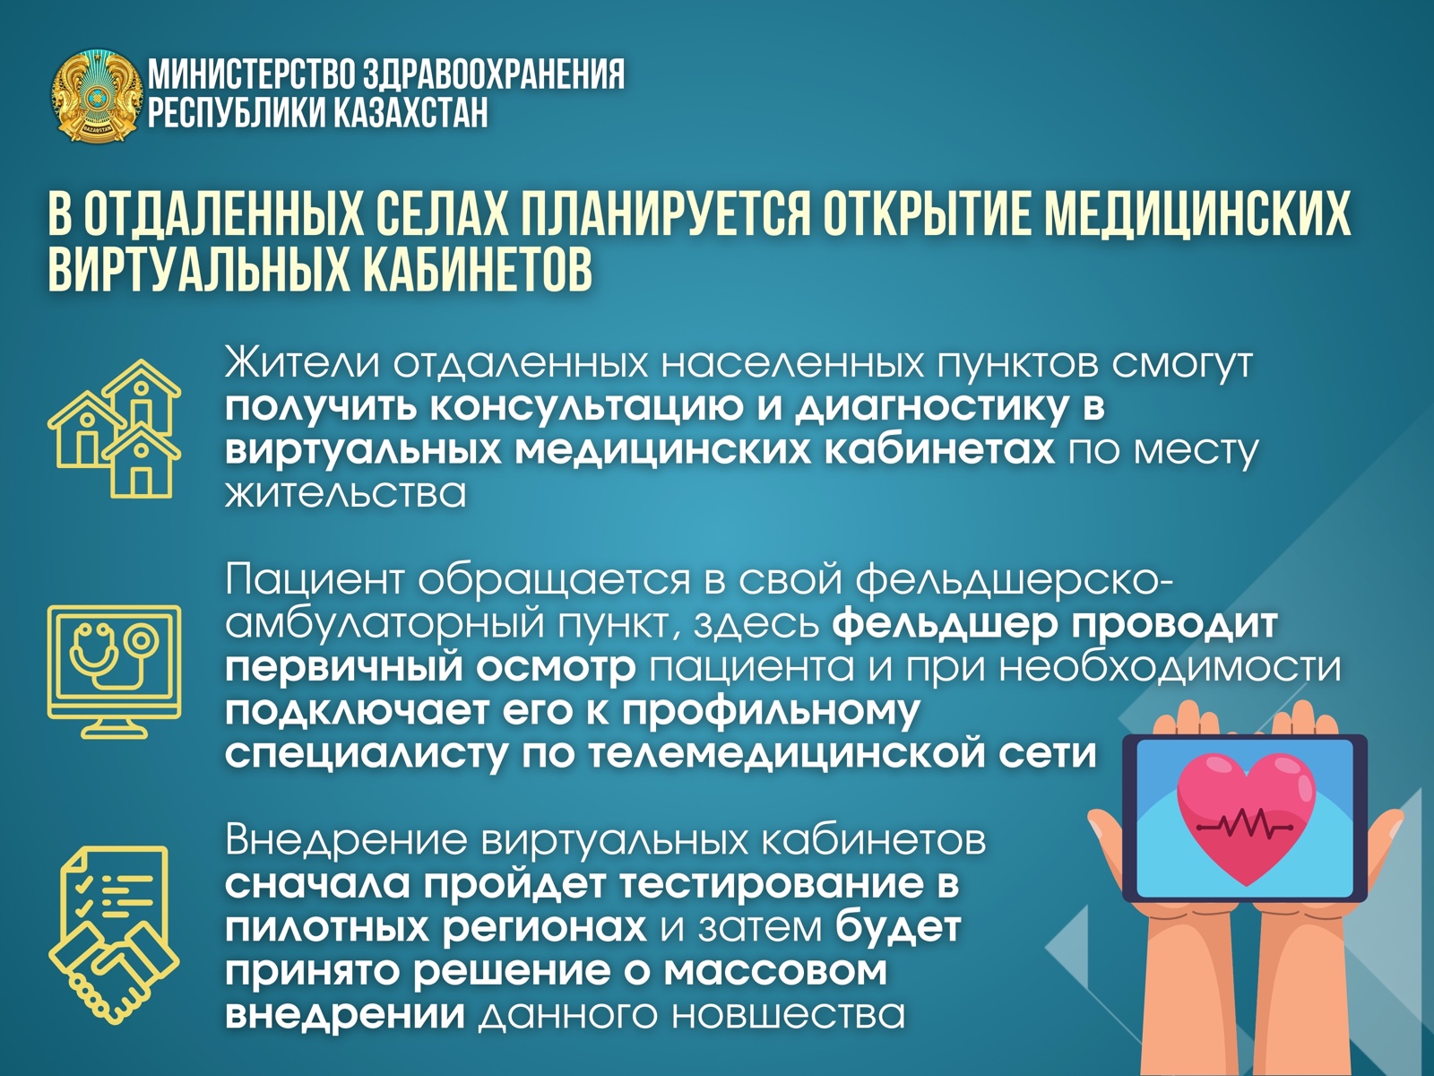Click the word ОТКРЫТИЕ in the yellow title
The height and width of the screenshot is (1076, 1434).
click(929, 214)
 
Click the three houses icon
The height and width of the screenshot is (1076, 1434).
click(115, 429)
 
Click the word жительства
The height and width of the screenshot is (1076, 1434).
click(345, 493)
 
